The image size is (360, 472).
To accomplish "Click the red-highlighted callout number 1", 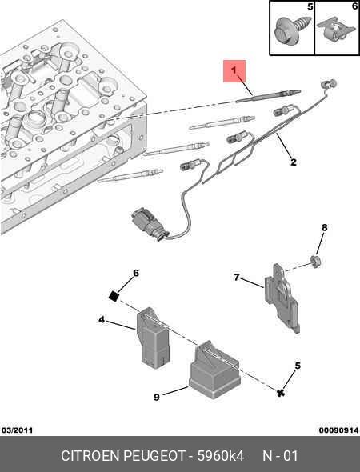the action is coord(234,70).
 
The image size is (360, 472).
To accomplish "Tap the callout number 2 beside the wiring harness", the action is coord(294,162).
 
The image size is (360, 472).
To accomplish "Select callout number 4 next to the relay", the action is coord(102,319).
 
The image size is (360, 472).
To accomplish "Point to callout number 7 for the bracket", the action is coord(237,277).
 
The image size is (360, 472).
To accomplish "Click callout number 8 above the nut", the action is coord(324,227).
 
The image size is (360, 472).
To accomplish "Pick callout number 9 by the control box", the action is coord(157,397).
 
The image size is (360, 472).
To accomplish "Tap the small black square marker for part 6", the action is coord(114,296).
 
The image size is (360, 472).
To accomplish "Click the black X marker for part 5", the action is coord(281,392).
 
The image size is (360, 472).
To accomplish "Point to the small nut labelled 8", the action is coord(315,262).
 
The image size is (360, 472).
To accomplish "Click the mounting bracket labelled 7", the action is coord(282,298).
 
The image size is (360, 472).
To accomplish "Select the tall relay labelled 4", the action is coord(153,338).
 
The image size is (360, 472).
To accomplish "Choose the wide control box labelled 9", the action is coord(214,370).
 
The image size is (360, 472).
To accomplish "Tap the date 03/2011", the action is coord(17,430).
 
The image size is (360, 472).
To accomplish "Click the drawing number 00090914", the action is coord(339,430).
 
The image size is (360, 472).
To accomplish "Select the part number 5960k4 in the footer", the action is coord(220,456).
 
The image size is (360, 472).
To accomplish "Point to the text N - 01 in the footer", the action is coord(280,456).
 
